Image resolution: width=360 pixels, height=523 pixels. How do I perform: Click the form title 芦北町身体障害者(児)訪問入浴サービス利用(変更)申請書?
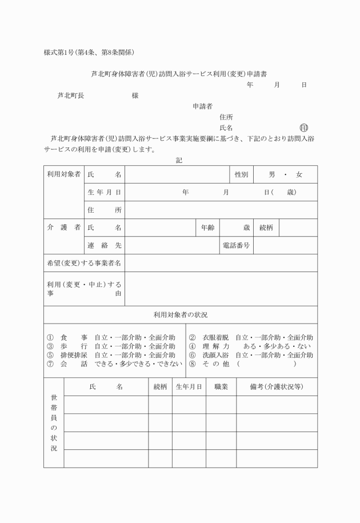point(180,74)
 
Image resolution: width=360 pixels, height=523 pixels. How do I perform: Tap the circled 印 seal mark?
point(303,127)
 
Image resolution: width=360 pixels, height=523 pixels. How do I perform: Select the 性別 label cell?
point(241,174)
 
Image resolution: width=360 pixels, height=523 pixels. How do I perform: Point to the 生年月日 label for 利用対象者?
point(104,192)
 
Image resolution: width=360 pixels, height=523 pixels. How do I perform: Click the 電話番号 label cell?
point(236,245)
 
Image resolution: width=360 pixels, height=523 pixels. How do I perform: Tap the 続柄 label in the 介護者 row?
point(266,227)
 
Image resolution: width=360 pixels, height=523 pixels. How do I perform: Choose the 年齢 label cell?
point(207,227)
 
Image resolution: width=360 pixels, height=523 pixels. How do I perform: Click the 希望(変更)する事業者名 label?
point(84,263)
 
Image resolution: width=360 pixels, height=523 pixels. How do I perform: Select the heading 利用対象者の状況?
point(180,315)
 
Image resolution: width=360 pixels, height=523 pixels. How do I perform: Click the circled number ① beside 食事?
point(50,337)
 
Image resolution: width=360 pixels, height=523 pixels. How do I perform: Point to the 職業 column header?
point(221,387)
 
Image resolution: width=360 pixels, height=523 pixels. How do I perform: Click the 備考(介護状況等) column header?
point(277,387)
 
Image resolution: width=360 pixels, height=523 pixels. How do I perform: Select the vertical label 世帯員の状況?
point(54,422)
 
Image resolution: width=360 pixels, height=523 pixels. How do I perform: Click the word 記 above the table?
point(179,161)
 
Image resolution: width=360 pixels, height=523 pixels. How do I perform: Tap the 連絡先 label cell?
point(104,245)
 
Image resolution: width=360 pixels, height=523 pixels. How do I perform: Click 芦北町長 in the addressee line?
point(71,95)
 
